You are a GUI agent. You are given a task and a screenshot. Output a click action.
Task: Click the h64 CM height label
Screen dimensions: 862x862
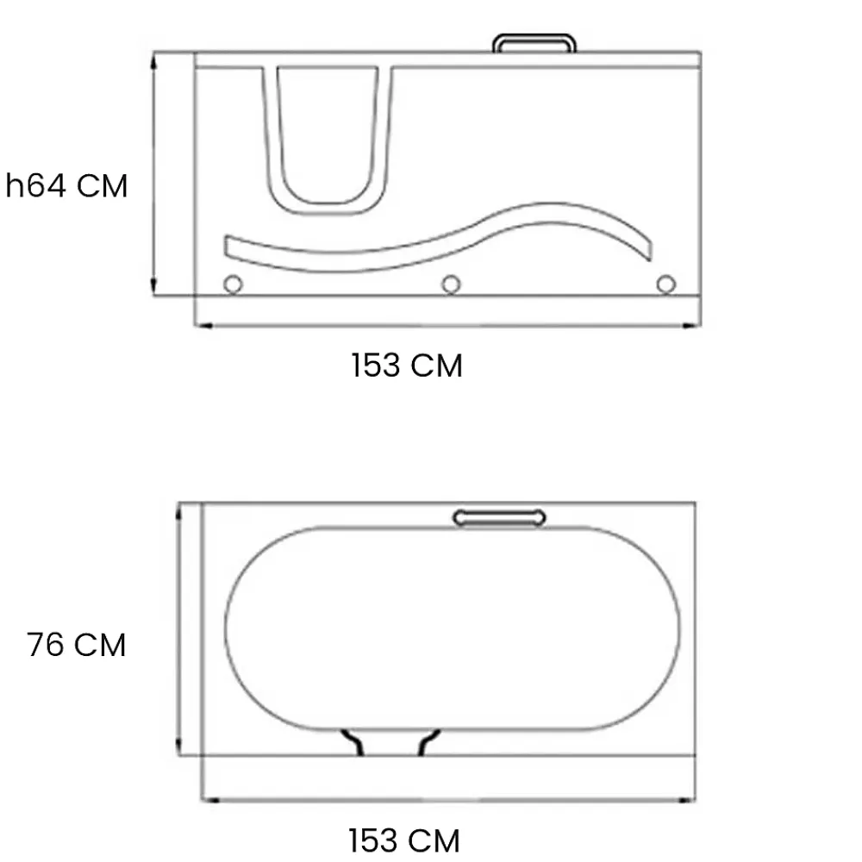click(66, 185)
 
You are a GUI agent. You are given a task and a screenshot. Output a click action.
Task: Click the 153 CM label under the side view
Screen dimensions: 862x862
click(407, 365)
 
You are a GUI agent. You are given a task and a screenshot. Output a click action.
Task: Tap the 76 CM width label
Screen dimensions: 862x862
click(77, 644)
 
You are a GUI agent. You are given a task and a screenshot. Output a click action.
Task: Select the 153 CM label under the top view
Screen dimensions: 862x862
click(404, 840)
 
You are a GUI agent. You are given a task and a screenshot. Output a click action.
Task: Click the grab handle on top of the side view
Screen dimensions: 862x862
click(534, 36)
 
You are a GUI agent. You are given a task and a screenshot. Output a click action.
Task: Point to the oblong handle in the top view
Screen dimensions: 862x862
click(499, 518)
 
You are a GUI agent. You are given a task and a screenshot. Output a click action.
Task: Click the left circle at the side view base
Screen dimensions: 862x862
click(233, 284)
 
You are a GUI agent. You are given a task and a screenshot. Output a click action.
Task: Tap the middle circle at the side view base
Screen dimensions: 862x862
click(451, 284)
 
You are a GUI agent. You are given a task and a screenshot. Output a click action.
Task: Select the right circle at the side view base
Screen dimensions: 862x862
click(665, 284)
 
